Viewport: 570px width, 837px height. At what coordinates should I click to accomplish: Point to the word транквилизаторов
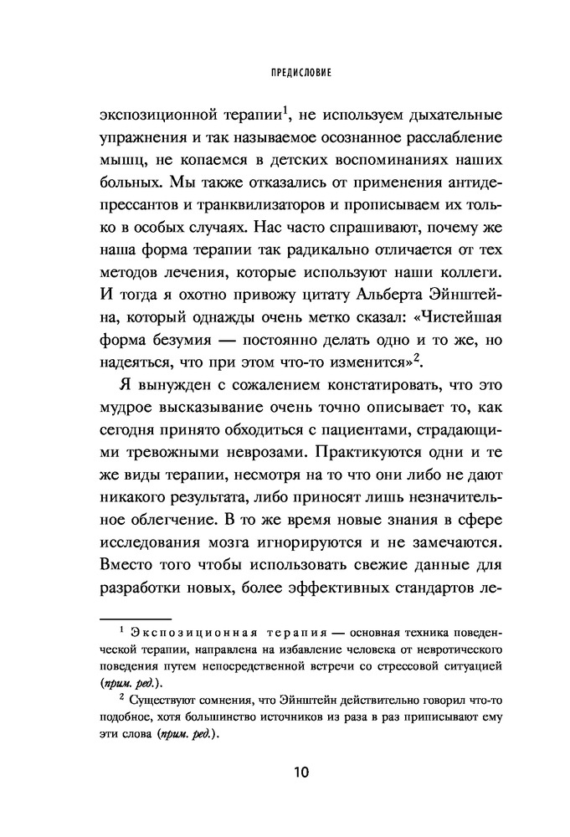[x=254, y=203]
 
